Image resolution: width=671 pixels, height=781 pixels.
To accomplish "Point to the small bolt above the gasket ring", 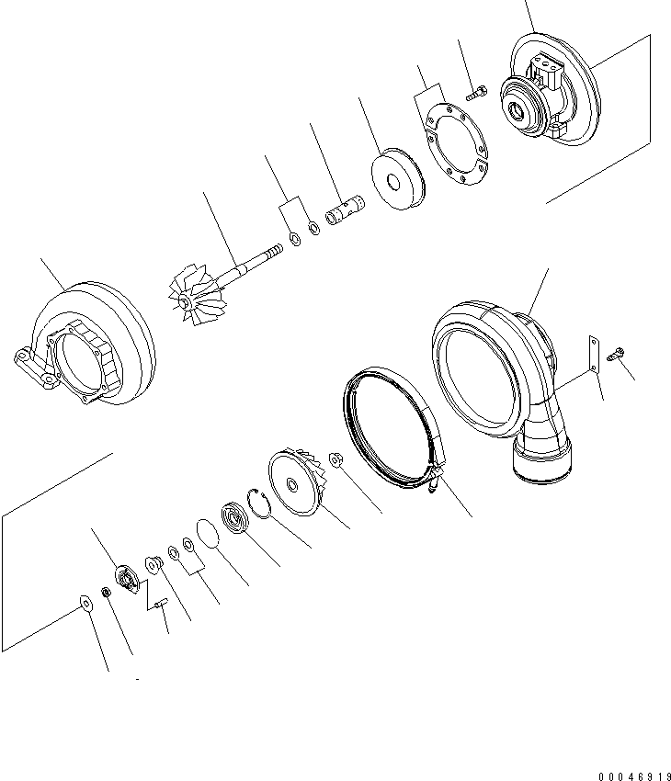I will [x=476, y=91].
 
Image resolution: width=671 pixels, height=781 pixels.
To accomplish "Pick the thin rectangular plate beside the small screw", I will [x=595, y=353].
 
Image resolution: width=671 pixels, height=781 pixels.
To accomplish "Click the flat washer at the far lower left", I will [x=85, y=603].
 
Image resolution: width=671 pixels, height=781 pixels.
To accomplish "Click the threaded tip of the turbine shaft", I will [x=275, y=251].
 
